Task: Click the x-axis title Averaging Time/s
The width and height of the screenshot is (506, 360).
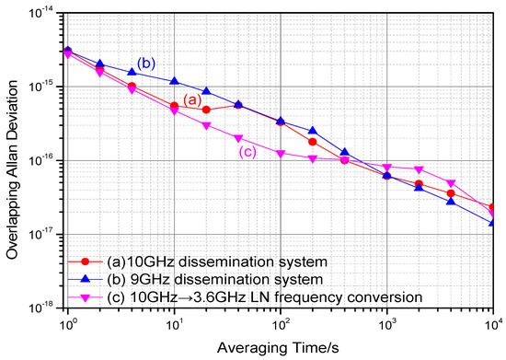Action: (x=281, y=350)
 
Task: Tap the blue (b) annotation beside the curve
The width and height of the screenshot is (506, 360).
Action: (x=146, y=63)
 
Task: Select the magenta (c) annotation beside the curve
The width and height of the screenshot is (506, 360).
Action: (x=247, y=152)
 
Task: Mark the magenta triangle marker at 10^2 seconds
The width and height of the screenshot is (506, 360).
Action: (x=281, y=154)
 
